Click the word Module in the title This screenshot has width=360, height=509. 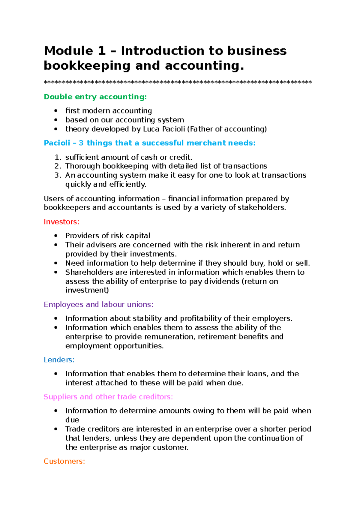pyautogui.click(x=68, y=51)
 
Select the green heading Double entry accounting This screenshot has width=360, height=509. pyautogui.click(x=95, y=97)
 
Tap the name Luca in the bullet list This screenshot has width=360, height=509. pyautogui.click(x=151, y=129)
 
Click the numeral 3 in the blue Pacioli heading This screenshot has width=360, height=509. pyautogui.click(x=81, y=143)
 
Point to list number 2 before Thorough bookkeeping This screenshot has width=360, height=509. pyautogui.click(x=58, y=166)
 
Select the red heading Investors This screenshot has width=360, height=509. pyautogui.click(x=61, y=222)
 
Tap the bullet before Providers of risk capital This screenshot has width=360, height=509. pyautogui.click(x=56, y=236)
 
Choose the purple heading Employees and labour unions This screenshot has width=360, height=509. pyautogui.click(x=98, y=304)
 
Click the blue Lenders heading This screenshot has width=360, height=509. pyautogui.click(x=59, y=360)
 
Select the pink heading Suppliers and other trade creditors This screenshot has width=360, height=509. pyautogui.click(x=108, y=397)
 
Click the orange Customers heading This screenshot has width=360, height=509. pyautogui.click(x=64, y=461)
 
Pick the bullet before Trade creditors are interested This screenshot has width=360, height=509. pyautogui.click(x=56, y=429)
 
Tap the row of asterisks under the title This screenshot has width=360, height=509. pyautogui.click(x=178, y=82)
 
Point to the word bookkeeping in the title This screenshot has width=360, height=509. pyautogui.click(x=87, y=66)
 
